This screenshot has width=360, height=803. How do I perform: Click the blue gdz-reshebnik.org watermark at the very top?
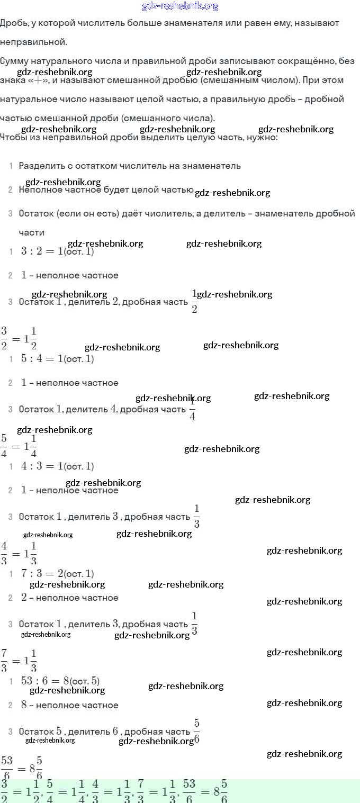(180, 6)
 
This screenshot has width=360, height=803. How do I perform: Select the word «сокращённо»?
(304, 61)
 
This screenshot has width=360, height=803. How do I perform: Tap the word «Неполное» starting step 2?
(40, 190)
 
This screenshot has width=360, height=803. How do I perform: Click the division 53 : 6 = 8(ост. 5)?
(60, 681)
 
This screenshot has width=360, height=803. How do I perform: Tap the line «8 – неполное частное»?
(69, 705)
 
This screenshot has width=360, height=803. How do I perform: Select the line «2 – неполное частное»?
(69, 598)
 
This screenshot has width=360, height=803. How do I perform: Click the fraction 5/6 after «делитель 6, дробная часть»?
(196, 731)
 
